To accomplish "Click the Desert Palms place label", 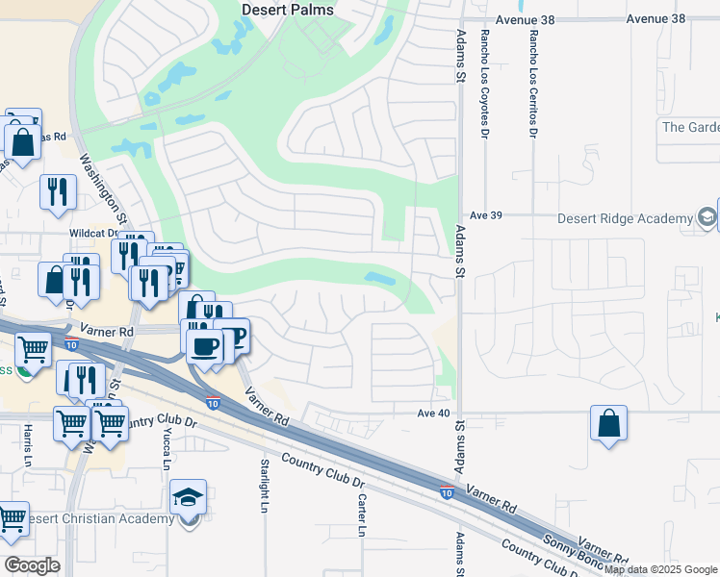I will point(287,10).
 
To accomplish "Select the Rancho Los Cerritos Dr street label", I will point(532,81).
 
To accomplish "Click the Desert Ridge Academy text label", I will point(626,218).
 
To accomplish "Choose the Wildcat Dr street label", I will point(92,233).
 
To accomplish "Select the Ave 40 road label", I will point(433,412).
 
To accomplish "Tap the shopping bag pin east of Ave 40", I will point(608,424).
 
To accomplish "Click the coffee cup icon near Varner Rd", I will point(203,345).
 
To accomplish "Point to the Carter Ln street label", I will point(362,514).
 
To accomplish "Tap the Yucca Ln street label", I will point(167,450).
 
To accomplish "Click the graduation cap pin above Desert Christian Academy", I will point(188,497).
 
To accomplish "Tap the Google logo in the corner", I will point(33,564).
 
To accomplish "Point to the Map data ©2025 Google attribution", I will point(660,569).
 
